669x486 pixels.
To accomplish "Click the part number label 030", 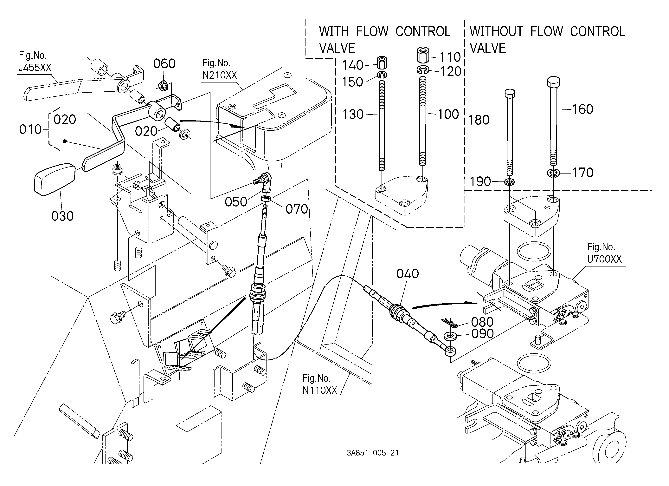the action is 62,216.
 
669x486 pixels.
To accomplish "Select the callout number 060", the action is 164,64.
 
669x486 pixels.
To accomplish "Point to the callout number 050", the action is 236,202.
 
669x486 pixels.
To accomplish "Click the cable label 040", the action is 408,274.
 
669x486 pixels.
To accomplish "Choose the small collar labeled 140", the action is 382,62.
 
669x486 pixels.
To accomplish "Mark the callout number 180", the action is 479,120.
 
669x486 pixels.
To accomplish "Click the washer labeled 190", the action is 510,181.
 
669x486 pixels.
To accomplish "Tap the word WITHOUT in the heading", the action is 496,32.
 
